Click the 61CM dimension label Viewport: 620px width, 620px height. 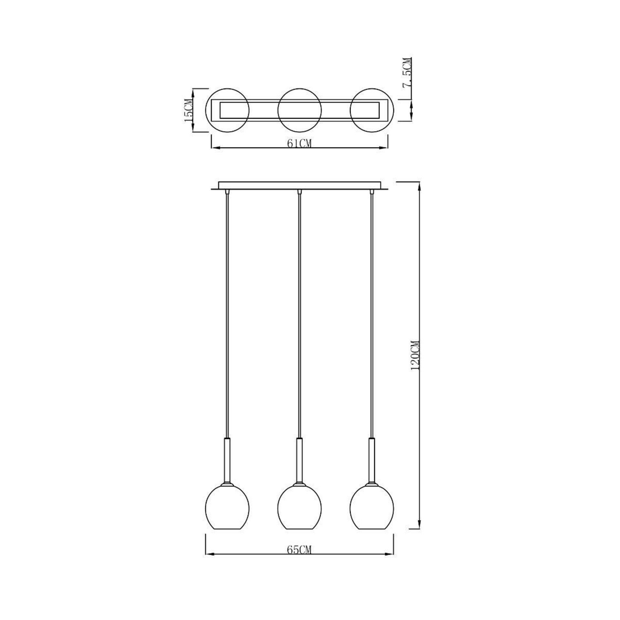coord(299,143)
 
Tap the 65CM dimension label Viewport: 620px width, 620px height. coord(299,550)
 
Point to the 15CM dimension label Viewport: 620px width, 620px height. coord(188,110)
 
